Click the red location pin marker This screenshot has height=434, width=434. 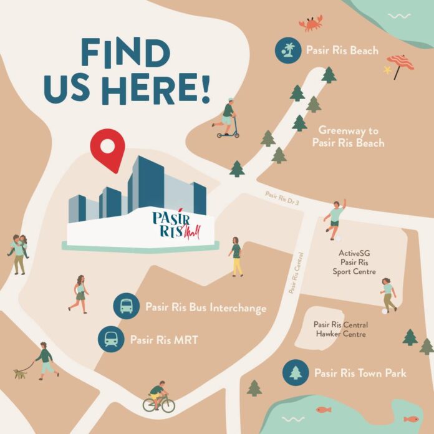pos(107,149)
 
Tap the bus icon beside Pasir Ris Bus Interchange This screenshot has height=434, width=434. pos(126,306)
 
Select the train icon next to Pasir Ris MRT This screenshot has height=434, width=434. pos(112,340)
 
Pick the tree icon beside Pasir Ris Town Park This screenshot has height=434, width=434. pos(296,373)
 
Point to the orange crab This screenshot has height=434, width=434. pos(310,24)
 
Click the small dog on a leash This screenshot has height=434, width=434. pos(21,374)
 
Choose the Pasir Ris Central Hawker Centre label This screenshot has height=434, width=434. pos(340,329)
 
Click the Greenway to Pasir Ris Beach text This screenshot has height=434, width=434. pos(351,137)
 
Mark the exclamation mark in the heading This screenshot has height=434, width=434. pos(203,90)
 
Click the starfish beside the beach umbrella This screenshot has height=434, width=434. pos(387,70)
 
